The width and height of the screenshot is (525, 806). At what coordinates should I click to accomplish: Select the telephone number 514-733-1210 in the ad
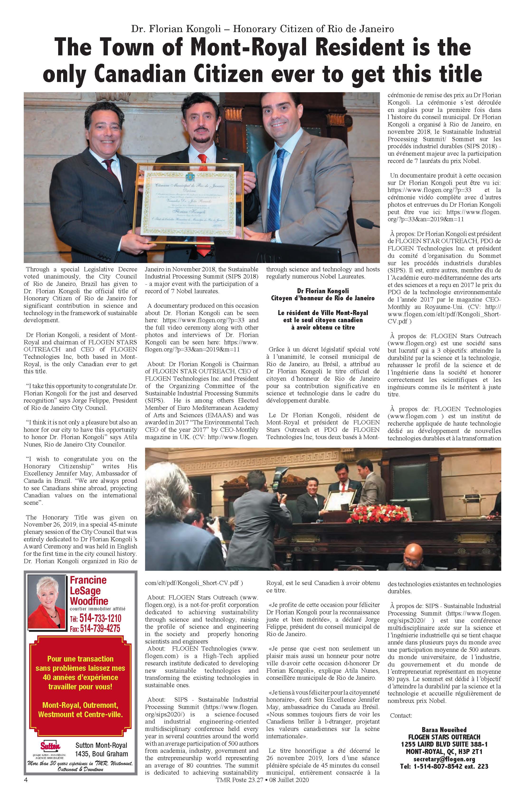[x=100, y=618]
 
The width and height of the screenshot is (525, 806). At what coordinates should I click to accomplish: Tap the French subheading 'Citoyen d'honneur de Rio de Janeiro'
[x=323, y=298]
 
